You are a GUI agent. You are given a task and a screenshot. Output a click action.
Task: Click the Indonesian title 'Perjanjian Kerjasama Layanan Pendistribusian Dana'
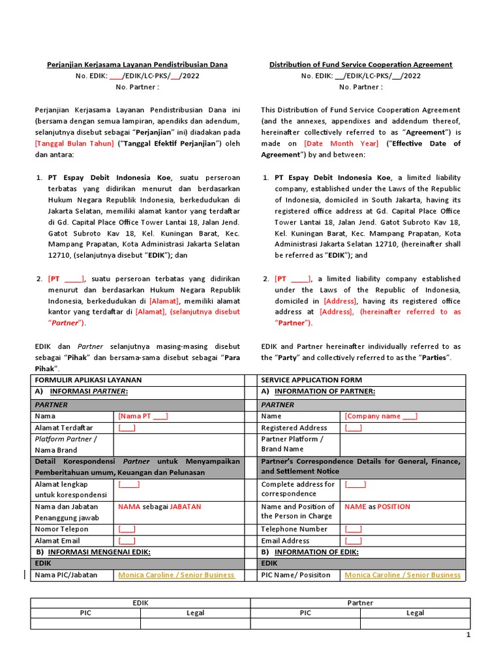137,65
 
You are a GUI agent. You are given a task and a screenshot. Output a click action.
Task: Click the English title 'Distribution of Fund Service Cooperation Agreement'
361,65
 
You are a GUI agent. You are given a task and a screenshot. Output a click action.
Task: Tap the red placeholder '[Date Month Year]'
341,144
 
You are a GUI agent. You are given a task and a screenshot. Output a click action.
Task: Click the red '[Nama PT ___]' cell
143,416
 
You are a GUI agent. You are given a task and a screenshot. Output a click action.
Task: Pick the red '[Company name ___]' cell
381,416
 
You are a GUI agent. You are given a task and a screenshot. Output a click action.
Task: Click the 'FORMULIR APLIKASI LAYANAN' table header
88,380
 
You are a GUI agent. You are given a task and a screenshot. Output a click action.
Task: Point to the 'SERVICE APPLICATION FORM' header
311,380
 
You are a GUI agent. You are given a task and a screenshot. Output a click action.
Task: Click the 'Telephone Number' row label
294,529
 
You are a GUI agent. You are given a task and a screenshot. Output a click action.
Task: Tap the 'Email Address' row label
285,541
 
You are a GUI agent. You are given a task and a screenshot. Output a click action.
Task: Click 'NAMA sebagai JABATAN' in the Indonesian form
159,506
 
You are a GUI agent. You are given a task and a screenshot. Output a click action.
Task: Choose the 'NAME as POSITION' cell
377,506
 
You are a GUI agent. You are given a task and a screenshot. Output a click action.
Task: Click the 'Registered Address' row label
294,428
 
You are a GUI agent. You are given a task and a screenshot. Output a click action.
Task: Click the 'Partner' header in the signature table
360,603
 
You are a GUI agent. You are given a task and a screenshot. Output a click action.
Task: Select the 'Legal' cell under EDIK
195,613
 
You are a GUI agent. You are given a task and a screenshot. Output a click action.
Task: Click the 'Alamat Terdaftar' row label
64,428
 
